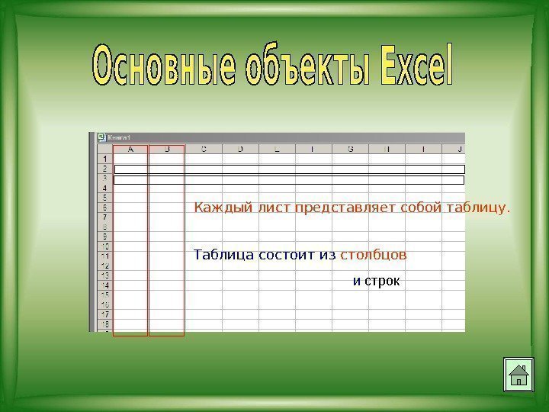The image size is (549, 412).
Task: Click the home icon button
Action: pos(518,374)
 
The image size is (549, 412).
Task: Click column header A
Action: pos(130,149)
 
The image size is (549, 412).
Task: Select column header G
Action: pos(350,149)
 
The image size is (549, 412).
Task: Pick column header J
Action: pos(459,149)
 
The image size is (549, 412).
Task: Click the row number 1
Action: pos(104,159)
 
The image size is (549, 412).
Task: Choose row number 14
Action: pos(104,285)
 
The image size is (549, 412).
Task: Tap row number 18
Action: pos(104,323)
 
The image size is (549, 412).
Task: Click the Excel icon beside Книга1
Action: pos(99,137)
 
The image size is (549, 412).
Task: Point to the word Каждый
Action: pos(217,207)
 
